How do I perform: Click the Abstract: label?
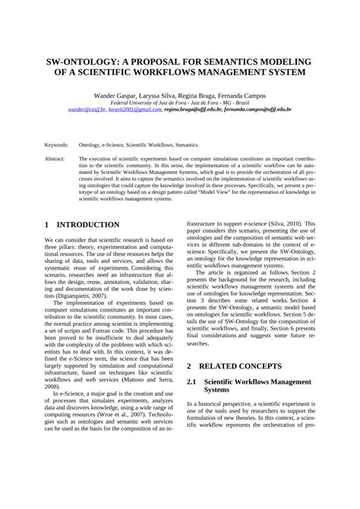[55, 159]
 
